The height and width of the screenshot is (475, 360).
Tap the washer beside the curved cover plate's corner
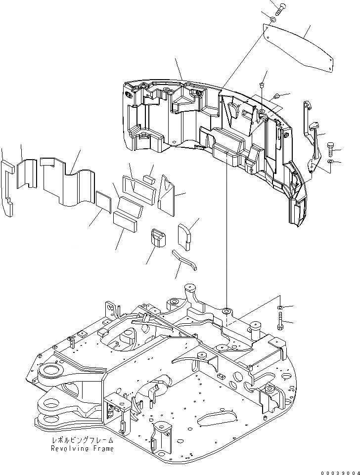click(273, 20)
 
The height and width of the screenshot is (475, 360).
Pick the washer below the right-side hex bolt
click(331, 162)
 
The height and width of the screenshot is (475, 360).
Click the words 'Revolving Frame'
click(82, 449)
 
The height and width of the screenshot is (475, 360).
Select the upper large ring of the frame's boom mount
click(48, 372)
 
